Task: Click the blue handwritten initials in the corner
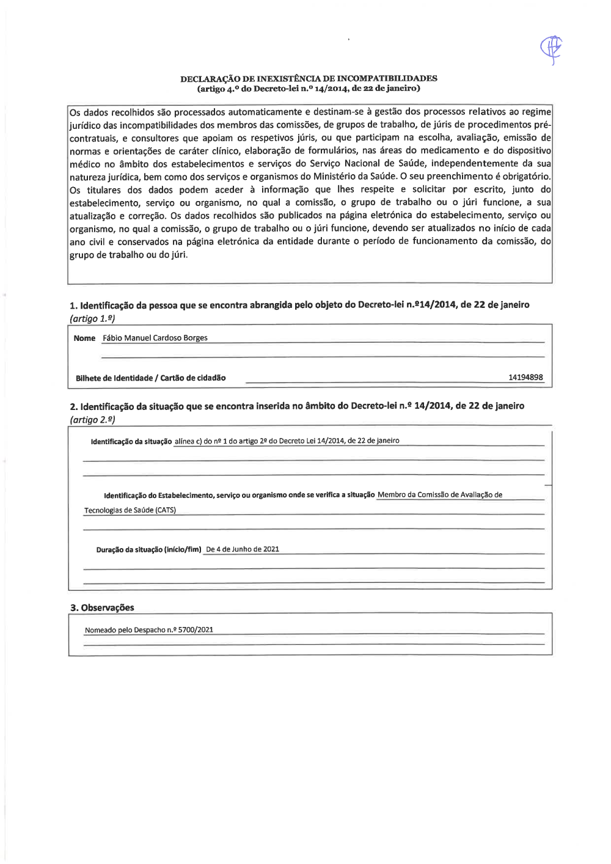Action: pyautogui.click(x=551, y=49)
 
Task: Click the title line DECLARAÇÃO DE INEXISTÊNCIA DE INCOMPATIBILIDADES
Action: pyautogui.click(x=309, y=78)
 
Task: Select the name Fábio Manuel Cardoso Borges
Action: pyautogui.click(x=155, y=338)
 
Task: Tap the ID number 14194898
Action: pyautogui.click(x=525, y=378)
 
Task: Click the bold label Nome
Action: pyautogui.click(x=84, y=339)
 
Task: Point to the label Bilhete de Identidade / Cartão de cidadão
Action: pyautogui.click(x=150, y=378)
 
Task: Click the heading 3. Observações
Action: pyautogui.click(x=102, y=607)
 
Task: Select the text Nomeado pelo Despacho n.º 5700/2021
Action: pyautogui.click(x=149, y=630)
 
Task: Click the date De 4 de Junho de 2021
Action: pyautogui.click(x=243, y=549)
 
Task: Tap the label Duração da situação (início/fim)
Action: pyautogui.click(x=148, y=550)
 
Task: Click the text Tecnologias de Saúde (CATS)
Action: pyautogui.click(x=130, y=510)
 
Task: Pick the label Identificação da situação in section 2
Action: pyautogui.click(x=131, y=441)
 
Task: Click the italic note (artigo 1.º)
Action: pyautogui.click(x=92, y=318)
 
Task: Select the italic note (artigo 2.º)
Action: pyautogui.click(x=92, y=420)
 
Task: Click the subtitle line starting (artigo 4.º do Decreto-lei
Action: pyautogui.click(x=309, y=89)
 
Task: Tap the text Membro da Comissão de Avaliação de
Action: pyautogui.click(x=440, y=495)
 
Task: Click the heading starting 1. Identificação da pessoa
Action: pyautogui.click(x=299, y=305)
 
